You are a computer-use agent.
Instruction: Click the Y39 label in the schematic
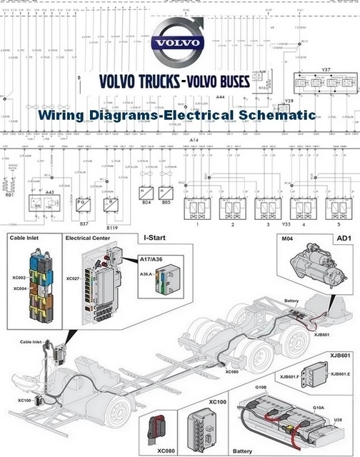(x=289, y=101)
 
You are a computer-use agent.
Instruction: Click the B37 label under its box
(x=84, y=224)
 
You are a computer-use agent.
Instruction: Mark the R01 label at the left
(x=9, y=194)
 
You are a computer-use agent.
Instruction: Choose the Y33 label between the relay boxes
(x=285, y=224)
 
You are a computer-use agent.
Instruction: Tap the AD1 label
(x=343, y=238)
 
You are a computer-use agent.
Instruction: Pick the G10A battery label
(x=319, y=408)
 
